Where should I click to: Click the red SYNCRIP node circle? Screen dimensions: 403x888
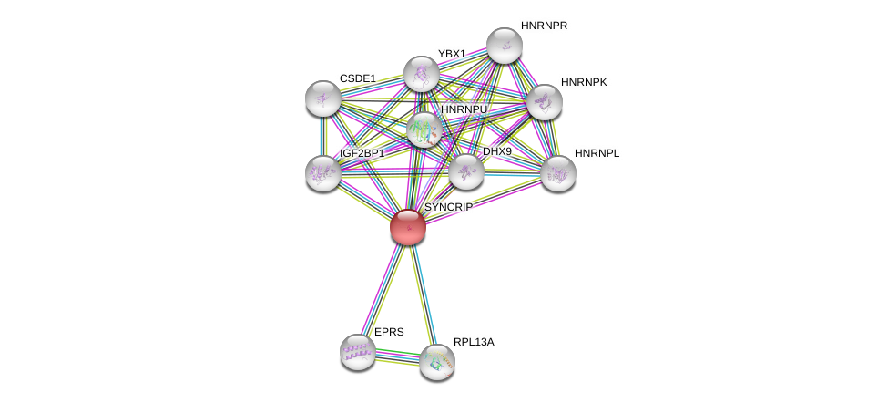pos(407,227)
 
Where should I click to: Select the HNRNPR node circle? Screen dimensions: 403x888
pos(504,46)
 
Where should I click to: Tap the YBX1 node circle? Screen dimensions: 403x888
pos(421,74)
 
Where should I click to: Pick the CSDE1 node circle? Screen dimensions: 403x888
pos(323,98)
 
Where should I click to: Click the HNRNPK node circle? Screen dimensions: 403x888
pos(544,102)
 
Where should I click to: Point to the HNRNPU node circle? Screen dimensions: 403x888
pos(424,130)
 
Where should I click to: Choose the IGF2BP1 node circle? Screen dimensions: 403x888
pos(323,172)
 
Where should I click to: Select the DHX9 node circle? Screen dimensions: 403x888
pos(465,171)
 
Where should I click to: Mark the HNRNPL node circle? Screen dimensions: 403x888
pos(557,173)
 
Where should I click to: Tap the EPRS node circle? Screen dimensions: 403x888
pos(358,351)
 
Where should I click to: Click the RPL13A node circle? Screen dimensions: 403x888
pos(437,362)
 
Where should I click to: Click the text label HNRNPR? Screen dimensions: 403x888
pos(544,26)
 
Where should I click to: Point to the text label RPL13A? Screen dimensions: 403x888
pos(474,342)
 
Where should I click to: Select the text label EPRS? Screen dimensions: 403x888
pos(389,332)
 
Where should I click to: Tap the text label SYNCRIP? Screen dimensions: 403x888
pos(448,207)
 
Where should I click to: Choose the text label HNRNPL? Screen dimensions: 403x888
pos(597,153)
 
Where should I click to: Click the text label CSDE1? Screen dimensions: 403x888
pos(357,78)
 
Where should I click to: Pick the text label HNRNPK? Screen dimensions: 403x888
pos(584,82)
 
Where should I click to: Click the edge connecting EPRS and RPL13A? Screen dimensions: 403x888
pos(397,356)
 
